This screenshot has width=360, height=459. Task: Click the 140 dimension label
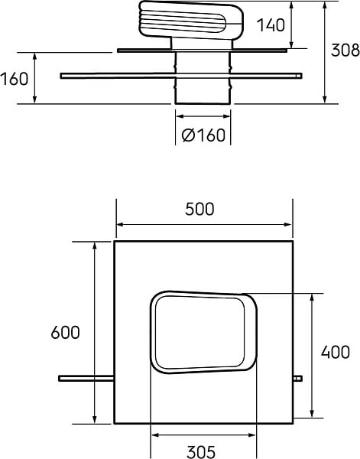point(271,25)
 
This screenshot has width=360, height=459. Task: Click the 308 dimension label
point(345,50)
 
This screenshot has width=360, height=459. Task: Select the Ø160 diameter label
point(203,135)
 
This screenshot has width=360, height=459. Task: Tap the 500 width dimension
point(199,210)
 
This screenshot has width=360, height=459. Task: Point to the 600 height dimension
point(65,333)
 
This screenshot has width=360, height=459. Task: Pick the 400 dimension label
point(335,352)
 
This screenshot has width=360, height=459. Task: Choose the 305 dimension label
point(201,451)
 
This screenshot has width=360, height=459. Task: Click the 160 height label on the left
point(15,79)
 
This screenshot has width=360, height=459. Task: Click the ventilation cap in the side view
point(191,20)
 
